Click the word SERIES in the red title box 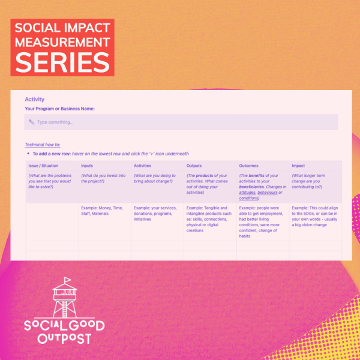click(x=62, y=62)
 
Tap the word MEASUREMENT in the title click(x=62, y=42)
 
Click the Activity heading click(x=34, y=99)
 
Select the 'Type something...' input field click(x=181, y=122)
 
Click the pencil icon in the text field click(x=31, y=122)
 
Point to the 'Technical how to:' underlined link click(x=43, y=145)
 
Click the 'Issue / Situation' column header click(x=43, y=166)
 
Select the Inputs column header click(x=87, y=166)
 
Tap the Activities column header click(x=142, y=166)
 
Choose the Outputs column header click(x=194, y=166)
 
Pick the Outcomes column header click(x=248, y=166)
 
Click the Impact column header click(x=298, y=166)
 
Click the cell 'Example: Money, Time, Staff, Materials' click(x=102, y=211)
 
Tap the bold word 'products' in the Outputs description click(x=205, y=176)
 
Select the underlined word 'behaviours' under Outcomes click(x=268, y=193)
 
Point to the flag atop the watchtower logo click(x=67, y=280)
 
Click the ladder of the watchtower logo click(x=65, y=309)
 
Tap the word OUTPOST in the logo click(x=65, y=338)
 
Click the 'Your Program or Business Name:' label click(x=59, y=109)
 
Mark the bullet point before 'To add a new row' click(x=28, y=154)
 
